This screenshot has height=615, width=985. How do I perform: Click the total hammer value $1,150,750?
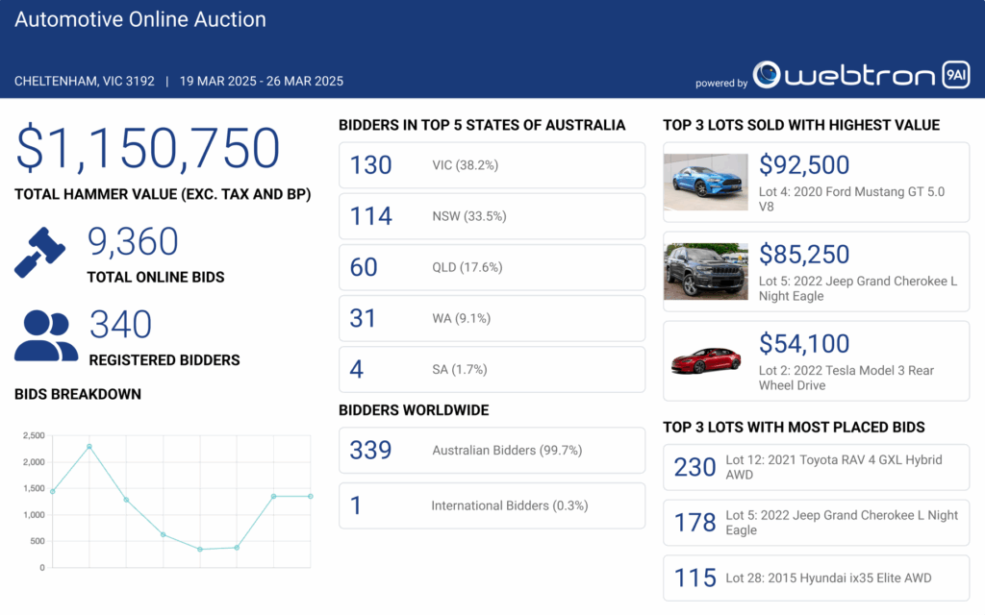coord(147,149)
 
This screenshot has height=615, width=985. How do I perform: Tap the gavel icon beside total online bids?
coord(40,252)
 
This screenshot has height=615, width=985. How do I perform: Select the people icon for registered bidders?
coord(46,335)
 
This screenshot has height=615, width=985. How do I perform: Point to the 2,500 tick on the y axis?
coord(34,435)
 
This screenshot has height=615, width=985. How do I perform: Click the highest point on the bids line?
coord(89,446)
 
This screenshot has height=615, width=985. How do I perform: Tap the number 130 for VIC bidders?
coord(371,165)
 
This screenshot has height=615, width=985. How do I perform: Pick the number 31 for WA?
coord(363,318)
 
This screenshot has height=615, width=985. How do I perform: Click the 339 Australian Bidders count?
coord(370,450)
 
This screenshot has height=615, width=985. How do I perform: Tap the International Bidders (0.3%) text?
coord(509,505)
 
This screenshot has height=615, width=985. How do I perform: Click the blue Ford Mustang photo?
coord(705,182)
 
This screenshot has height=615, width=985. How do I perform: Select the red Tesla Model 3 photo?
coord(705,359)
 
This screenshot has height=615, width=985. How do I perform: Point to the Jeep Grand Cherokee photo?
coord(705,271)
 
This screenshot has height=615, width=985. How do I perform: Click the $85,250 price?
coord(804,255)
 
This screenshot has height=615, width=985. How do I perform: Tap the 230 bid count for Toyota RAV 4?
coord(695,467)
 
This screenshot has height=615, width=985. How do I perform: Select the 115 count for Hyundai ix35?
coord(695,578)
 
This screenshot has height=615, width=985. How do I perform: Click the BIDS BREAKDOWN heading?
coord(78,394)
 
